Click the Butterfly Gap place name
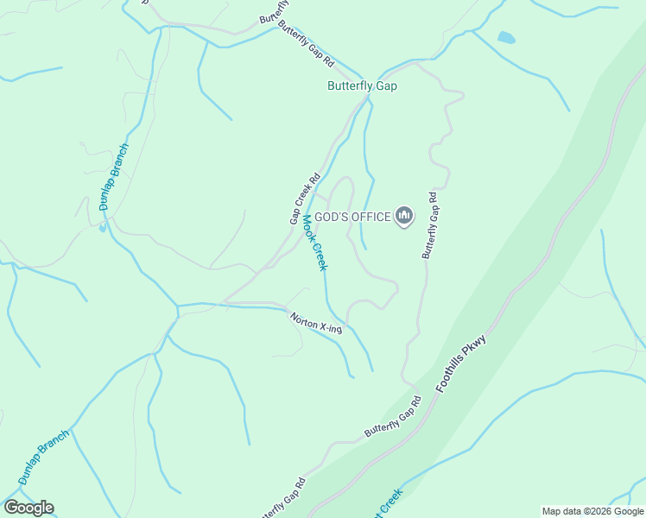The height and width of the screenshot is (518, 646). point(362,86)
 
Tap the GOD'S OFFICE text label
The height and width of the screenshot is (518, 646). point(352,218)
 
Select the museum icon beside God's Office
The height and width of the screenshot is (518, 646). point(403,216)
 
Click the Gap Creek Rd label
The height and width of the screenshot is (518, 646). point(304,199)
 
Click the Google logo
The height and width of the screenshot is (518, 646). point(28,508)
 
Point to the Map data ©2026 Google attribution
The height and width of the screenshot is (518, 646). point(593,511)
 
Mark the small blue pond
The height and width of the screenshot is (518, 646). point(506,37)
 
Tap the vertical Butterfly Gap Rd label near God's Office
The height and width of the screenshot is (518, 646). point(430,225)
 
